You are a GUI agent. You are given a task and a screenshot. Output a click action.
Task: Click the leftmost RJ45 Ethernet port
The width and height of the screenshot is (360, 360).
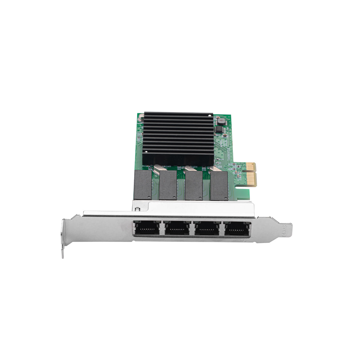148,229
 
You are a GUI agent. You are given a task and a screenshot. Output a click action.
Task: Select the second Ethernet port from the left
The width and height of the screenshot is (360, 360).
177,229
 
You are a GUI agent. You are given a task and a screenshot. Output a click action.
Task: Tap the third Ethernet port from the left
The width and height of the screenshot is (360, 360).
206,229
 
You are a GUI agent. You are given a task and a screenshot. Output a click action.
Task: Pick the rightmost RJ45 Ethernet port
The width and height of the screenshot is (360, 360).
237,229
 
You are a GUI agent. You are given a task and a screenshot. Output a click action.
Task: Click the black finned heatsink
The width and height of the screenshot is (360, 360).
178,138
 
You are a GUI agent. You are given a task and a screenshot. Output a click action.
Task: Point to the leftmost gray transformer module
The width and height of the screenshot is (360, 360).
143,184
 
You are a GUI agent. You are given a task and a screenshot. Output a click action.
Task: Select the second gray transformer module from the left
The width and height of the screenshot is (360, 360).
168,185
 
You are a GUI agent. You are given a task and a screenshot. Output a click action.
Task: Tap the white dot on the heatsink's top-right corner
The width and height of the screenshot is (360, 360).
212,115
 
